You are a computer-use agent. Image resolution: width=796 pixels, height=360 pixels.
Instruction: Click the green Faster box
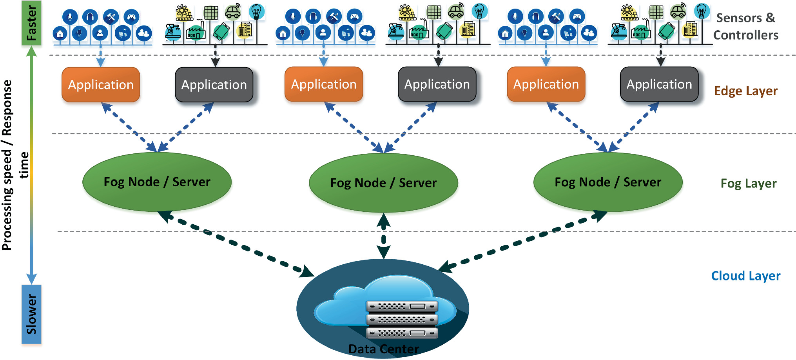coord(31,23)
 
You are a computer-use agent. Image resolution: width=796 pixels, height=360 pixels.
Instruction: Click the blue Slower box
coord(31,314)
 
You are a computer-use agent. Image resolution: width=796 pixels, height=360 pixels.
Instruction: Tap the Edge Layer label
coord(745,91)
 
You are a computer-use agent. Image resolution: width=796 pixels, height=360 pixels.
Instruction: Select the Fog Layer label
coord(748,184)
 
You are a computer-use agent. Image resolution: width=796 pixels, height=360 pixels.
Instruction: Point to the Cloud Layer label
coord(745,276)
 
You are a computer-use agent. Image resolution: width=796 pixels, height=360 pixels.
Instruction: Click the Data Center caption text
coord(383,349)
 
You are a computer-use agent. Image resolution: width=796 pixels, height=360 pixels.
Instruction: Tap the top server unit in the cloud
coord(402,306)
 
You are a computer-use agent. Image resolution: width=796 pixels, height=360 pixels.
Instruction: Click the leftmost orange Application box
coord(101,85)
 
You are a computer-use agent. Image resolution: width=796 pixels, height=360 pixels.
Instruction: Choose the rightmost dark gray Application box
coord(659,84)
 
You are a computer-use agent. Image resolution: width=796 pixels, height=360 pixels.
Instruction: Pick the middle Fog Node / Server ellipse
coord(383,183)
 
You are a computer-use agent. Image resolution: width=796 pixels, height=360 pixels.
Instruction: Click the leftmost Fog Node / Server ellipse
coord(157,182)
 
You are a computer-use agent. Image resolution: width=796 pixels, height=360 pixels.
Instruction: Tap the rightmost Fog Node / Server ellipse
coord(608,182)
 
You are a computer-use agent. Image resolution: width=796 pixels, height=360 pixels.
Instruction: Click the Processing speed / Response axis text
coord(7,165)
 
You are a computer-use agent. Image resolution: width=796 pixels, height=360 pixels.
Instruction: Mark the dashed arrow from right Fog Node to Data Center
coord(521,241)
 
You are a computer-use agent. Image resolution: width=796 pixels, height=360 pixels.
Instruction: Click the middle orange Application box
coord(324,84)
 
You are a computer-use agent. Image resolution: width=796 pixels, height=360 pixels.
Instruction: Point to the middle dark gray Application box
coord(437,84)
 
